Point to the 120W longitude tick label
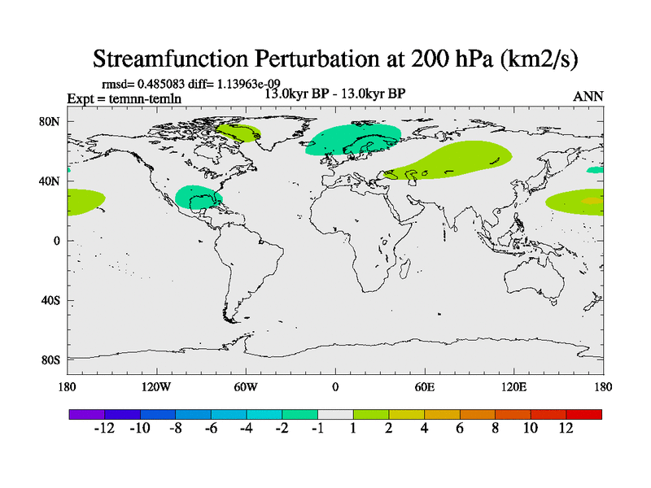coord(156,386)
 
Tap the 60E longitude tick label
coord(425,386)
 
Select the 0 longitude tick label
coord(335,386)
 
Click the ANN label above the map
coord(588,97)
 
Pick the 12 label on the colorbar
coord(566,429)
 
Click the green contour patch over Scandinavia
coord(352,140)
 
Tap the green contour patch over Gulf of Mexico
coord(197,197)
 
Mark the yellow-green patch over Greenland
coord(238,132)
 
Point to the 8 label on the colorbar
coord(495,429)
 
